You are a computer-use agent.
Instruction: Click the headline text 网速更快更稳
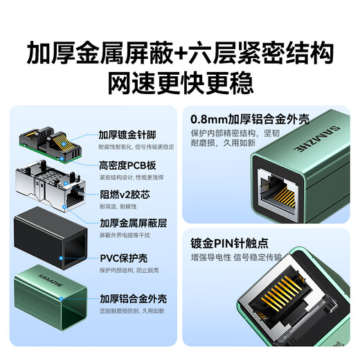tap(179, 82)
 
